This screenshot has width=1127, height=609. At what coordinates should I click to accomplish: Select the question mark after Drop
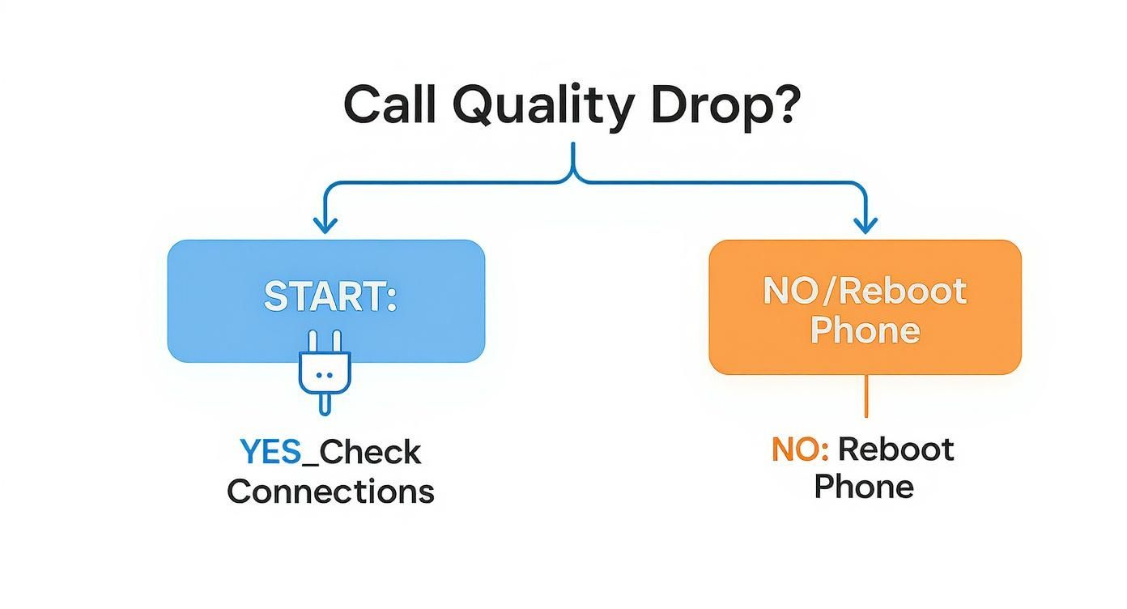click(x=784, y=104)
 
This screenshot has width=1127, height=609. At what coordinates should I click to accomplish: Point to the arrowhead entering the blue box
click(x=325, y=224)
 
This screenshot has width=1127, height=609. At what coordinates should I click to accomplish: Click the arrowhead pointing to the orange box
click(x=866, y=224)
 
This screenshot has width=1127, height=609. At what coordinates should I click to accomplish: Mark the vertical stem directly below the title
click(x=574, y=158)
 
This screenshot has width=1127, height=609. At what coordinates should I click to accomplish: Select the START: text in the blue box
click(x=330, y=296)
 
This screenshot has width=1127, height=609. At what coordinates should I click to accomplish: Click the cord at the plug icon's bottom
click(x=325, y=402)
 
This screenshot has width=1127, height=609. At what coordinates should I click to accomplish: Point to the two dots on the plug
click(x=325, y=375)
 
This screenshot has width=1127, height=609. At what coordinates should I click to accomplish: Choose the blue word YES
click(x=270, y=452)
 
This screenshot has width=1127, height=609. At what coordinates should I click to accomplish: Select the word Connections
click(x=330, y=491)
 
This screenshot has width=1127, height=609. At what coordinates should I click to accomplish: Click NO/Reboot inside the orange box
click(x=865, y=291)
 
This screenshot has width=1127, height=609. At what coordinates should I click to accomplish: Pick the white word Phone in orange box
click(x=865, y=330)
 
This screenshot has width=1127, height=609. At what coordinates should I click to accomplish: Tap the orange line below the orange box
click(x=866, y=396)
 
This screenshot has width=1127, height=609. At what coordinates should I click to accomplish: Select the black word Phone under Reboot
click(x=864, y=487)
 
